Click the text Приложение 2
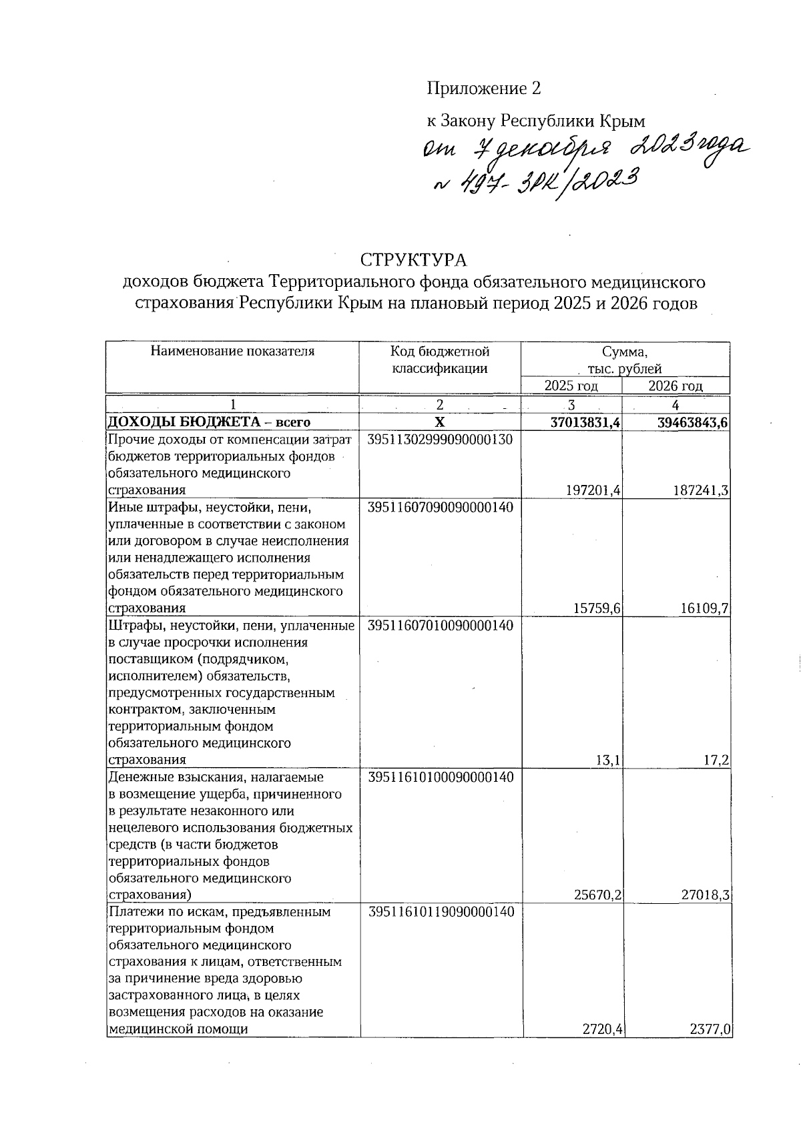[x=483, y=88]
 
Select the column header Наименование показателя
[x=232, y=352]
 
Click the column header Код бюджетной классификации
[x=440, y=360]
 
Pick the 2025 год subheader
[x=571, y=386]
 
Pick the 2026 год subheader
[x=676, y=386]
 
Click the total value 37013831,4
[x=583, y=422]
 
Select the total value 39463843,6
[x=687, y=422]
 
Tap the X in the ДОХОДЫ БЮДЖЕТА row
[x=440, y=422]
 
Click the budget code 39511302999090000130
[x=441, y=440]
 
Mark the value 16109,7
[x=704, y=608]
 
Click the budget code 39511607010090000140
[x=441, y=626]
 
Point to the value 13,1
[x=611, y=760]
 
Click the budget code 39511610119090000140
[x=441, y=912]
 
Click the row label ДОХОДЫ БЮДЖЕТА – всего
[x=209, y=422]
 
